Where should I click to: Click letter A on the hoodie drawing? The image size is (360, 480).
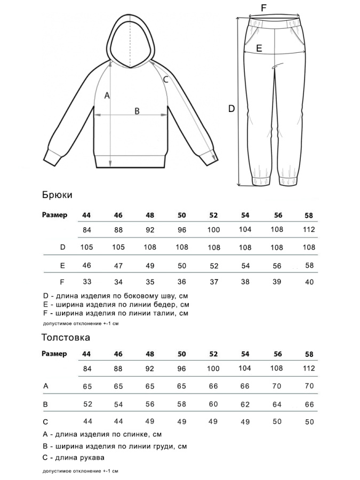pyautogui.click(x=107, y=95)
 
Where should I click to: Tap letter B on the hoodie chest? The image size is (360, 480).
pyautogui.click(x=137, y=111)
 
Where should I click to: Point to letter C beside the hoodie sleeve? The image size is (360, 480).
pyautogui.click(x=165, y=79)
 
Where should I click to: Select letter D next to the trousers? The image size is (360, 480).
pyautogui.click(x=231, y=108)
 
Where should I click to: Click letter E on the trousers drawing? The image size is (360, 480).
pyautogui.click(x=259, y=48)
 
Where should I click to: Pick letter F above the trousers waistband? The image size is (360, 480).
pyautogui.click(x=263, y=7)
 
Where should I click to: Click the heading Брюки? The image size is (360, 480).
pyautogui.click(x=57, y=195)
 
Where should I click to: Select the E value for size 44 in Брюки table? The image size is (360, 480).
pyautogui.click(x=87, y=265)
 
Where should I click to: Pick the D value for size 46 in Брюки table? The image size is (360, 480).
pyautogui.click(x=118, y=247)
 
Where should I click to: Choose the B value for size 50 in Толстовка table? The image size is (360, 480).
pyautogui.click(x=182, y=404)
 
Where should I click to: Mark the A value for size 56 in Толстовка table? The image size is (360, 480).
pyautogui.click(x=277, y=386)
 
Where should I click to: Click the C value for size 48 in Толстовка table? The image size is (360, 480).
pyautogui.click(x=150, y=421)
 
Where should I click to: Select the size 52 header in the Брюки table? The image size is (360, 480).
pyautogui.click(x=213, y=215)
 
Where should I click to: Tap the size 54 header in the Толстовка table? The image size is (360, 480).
pyautogui.click(x=245, y=354)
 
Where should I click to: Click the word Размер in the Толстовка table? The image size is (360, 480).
pyautogui.click(x=54, y=354)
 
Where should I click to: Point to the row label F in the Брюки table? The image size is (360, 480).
pyautogui.click(x=62, y=282)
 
